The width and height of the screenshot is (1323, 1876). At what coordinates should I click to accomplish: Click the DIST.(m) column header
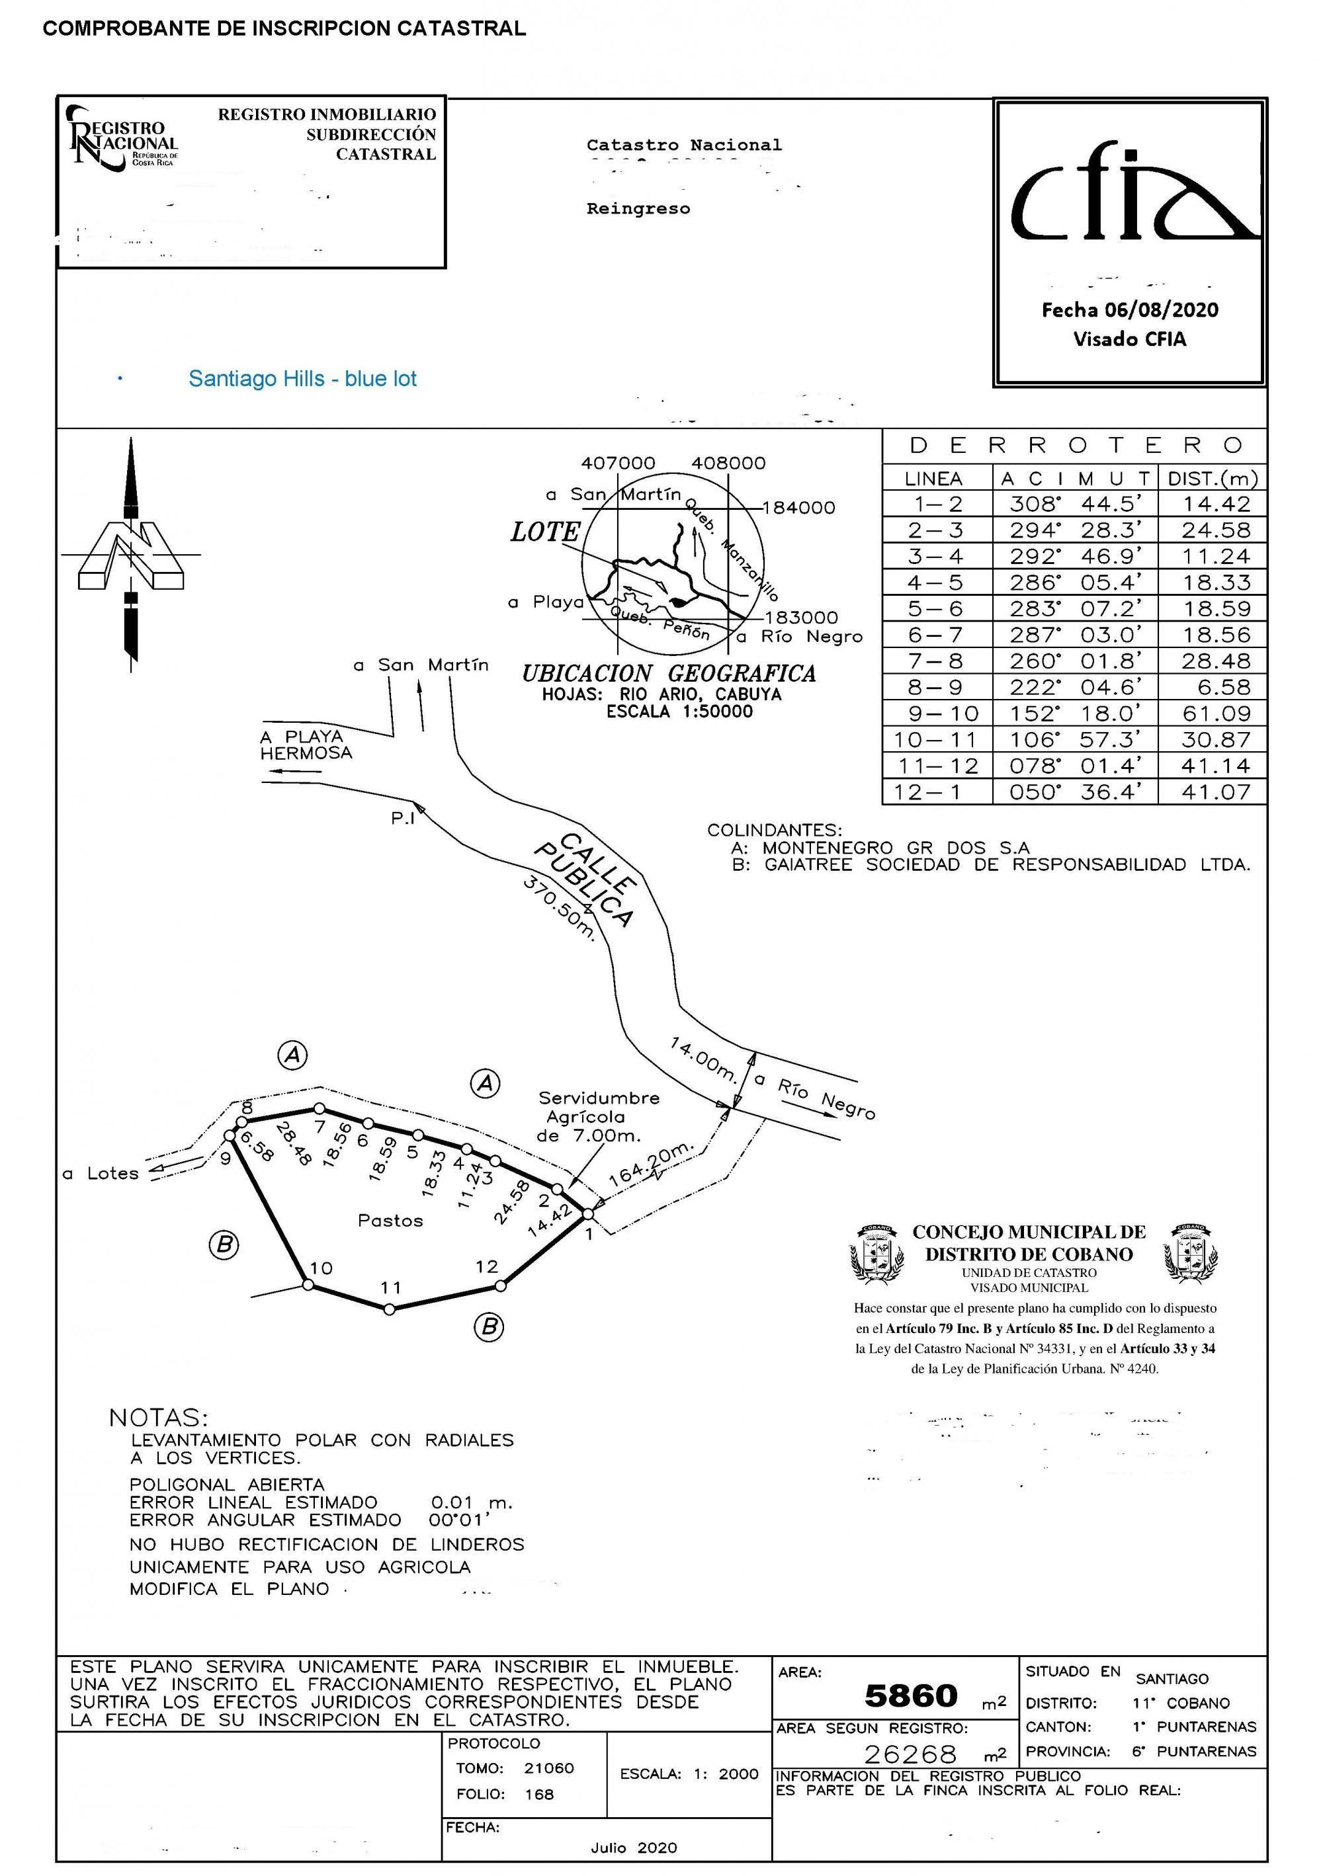point(1213,479)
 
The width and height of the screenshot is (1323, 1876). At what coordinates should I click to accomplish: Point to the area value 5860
point(911,1696)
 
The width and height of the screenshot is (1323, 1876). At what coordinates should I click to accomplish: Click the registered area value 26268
point(910,1754)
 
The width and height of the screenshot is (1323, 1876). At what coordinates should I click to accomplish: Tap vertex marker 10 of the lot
point(308,1284)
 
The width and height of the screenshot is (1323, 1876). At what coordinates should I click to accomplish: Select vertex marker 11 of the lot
point(390,1309)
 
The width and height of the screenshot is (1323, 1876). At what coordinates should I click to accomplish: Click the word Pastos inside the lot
point(390,1221)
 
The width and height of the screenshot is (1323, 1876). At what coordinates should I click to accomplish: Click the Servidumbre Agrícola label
point(598,1116)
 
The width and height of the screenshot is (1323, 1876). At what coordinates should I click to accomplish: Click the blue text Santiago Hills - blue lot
point(302,379)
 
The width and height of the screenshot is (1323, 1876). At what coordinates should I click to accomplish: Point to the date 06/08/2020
point(1160,311)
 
